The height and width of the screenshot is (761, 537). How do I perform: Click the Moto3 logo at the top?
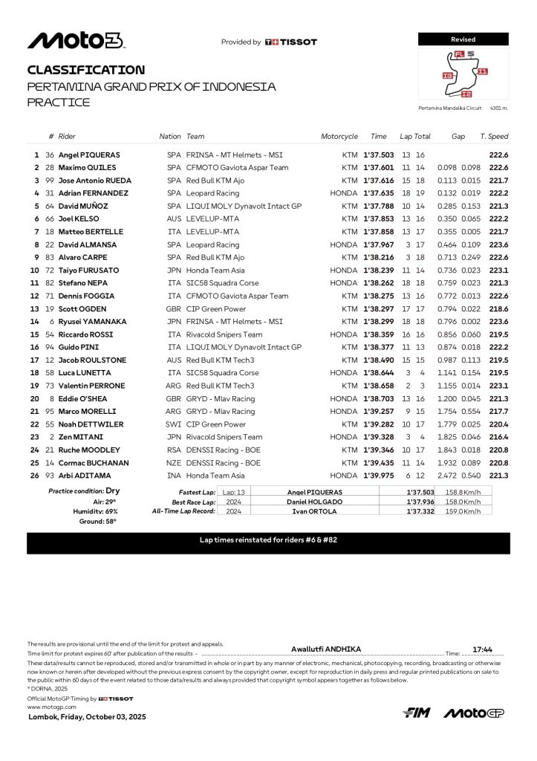point(75,41)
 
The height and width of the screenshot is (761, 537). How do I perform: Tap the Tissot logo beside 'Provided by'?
point(291,42)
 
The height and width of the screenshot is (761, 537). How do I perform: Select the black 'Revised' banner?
point(463,39)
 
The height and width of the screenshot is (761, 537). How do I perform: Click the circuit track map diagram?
point(465,75)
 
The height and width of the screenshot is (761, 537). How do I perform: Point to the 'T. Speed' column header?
point(494,137)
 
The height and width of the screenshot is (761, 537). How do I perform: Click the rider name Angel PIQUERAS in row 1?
point(89,155)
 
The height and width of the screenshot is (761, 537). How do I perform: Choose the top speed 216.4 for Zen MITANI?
point(498,437)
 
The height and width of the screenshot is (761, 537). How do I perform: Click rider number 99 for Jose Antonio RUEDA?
point(50,181)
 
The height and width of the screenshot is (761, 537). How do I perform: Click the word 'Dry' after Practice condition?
point(112,491)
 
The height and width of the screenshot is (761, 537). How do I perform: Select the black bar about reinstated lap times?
point(268,540)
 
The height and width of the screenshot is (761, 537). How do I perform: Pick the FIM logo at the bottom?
point(417,713)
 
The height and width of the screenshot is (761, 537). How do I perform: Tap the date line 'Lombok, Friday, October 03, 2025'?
point(87,717)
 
